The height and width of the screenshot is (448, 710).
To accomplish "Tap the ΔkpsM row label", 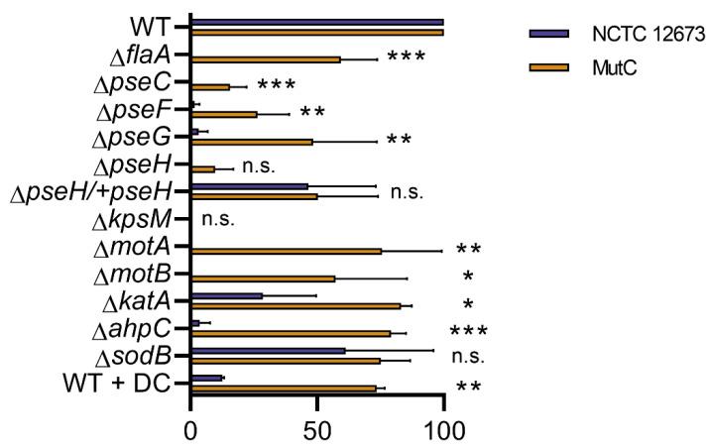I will click(x=143, y=220).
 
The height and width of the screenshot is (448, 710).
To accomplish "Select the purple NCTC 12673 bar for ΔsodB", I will click(x=268, y=350).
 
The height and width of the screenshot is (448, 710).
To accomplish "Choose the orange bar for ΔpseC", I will click(x=209, y=87).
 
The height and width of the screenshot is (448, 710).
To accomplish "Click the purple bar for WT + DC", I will click(x=206, y=378).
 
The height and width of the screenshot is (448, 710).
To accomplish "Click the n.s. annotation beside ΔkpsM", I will click(x=217, y=220).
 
